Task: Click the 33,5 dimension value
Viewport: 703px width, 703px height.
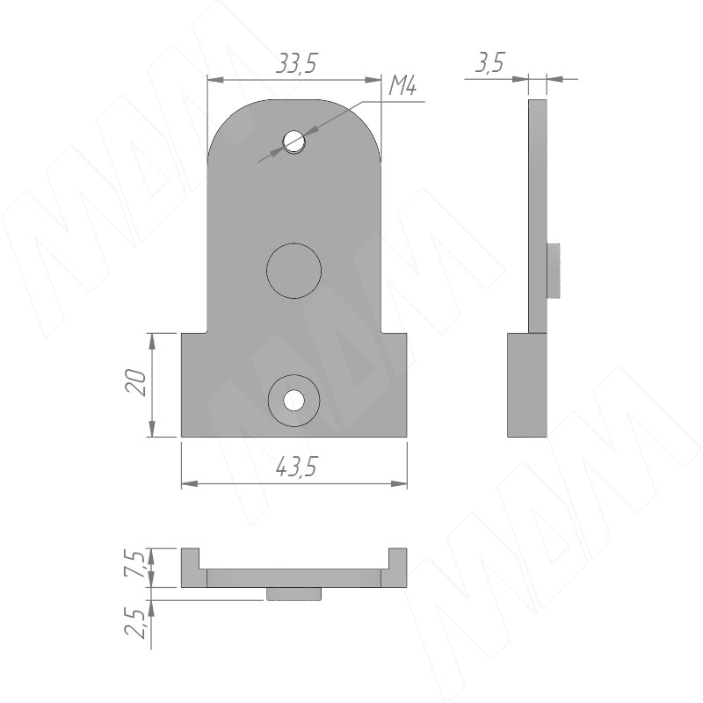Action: pyautogui.click(x=296, y=63)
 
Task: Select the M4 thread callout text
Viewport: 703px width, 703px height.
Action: pyautogui.click(x=402, y=85)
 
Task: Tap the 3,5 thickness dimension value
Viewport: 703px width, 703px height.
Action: pyautogui.click(x=489, y=62)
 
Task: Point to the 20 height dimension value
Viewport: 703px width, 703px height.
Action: pyautogui.click(x=136, y=382)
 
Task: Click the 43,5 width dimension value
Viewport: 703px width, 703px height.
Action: pyautogui.click(x=296, y=467)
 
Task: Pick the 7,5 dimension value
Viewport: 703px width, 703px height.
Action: pyautogui.click(x=135, y=566)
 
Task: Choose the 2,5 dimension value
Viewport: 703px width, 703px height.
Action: pyautogui.click(x=135, y=623)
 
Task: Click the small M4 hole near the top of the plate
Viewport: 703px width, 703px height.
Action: pyautogui.click(x=294, y=142)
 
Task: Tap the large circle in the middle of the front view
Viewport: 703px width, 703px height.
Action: pyautogui.click(x=294, y=271)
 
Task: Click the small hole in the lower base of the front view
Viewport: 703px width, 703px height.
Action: pyautogui.click(x=294, y=400)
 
